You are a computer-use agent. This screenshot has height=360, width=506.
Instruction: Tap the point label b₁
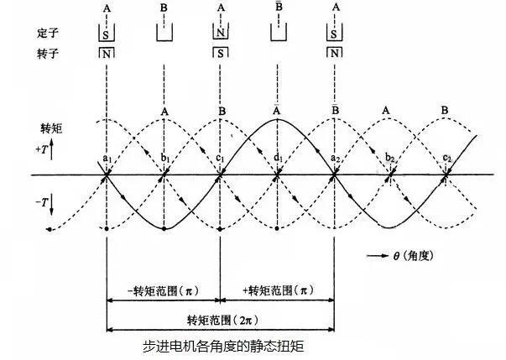click(166, 160)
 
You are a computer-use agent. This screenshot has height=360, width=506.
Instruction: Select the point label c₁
click(221, 160)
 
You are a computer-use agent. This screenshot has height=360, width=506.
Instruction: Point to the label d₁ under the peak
click(279, 160)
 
